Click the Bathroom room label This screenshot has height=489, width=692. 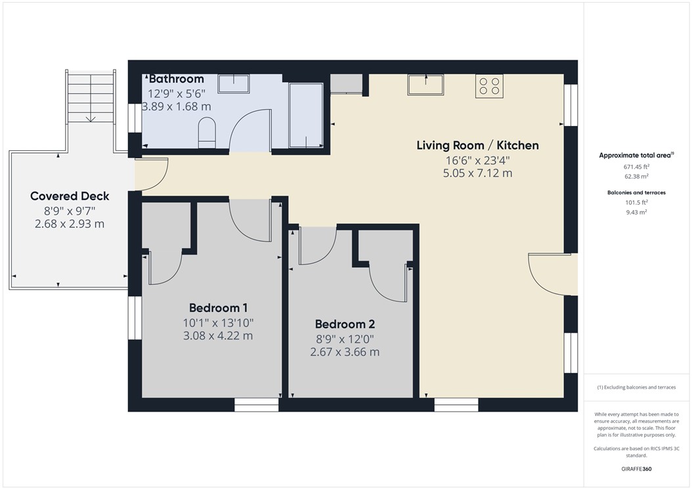coord(177,79)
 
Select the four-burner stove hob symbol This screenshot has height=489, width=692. coord(489,86)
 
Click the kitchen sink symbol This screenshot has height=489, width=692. coord(425,85)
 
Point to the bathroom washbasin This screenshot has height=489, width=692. coord(234,84)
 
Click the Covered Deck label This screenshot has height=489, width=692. coord(70,196)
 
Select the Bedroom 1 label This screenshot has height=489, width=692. coord(218,308)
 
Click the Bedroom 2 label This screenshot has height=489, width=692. coord(345,324)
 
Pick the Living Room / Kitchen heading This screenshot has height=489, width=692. coord(477,145)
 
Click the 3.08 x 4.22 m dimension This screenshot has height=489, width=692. coord(218,336)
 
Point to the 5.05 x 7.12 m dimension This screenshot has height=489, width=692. coord(477,173)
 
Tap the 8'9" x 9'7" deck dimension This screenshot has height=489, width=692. coord(70,211)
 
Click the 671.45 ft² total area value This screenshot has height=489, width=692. coord(636,167)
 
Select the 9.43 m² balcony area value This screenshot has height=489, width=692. coord(636,212)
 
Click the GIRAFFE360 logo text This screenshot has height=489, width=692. coord(636,469)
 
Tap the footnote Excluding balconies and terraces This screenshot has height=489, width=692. coord(636,387)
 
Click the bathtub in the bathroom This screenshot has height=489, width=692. coord(305,116)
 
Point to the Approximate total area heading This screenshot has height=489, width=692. coord(636,156)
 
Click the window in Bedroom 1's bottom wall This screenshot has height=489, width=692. coord(257,405)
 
